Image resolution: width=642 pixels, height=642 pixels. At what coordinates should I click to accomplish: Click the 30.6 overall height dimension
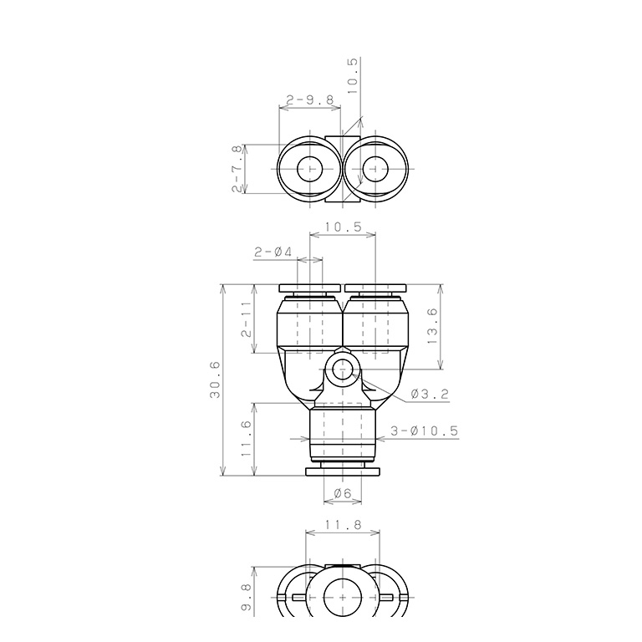pos(215,380)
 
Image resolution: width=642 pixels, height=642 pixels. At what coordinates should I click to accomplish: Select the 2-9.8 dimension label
pos(310,100)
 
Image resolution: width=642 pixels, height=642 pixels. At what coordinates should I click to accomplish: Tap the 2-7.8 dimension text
pos(237,170)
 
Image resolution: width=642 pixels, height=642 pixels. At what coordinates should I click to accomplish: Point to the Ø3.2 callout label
pos(430,395)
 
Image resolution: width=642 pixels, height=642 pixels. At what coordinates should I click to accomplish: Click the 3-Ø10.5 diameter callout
pos(424,431)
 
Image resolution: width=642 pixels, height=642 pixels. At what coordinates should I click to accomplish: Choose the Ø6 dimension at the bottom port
pos(343,493)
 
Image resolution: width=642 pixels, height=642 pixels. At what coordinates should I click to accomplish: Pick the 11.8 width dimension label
pos(343,524)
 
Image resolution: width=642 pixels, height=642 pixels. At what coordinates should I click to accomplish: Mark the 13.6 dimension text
pos(432,326)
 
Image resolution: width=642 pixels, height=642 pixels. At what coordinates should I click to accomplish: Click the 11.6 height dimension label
pos(246,438)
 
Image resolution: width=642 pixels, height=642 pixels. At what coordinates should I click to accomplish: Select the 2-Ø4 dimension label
pos(273,252)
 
